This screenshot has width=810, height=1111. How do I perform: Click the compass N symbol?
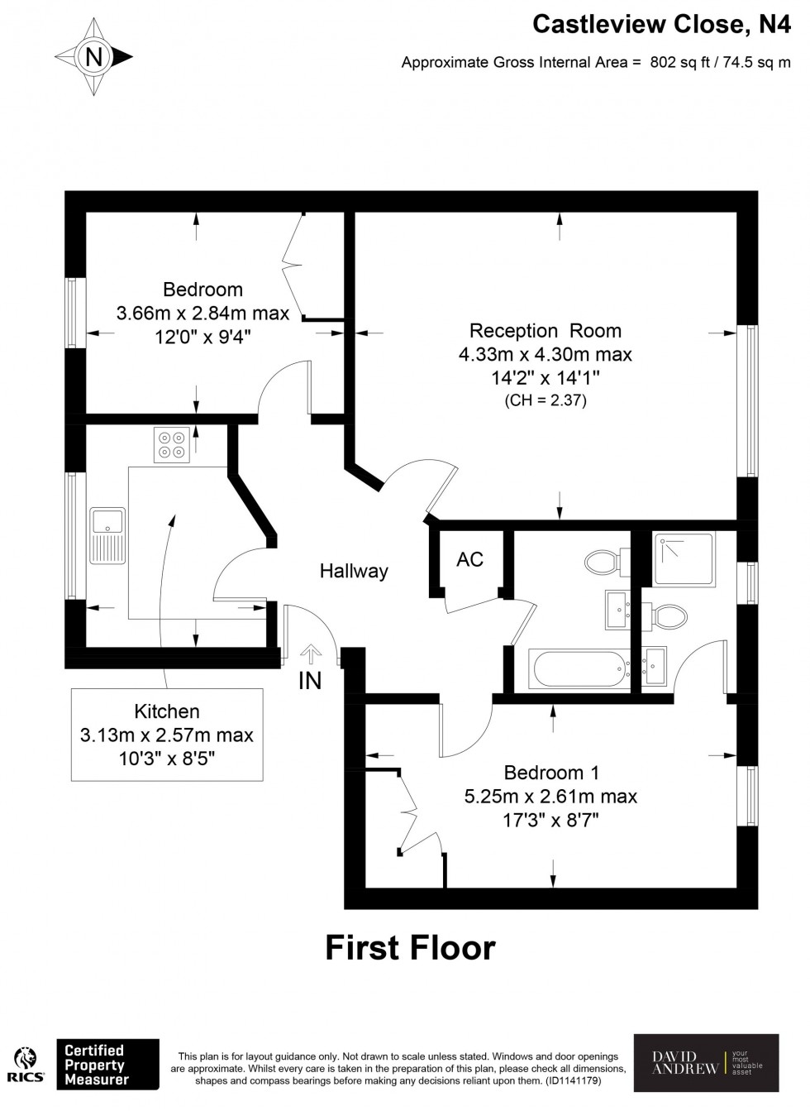tap(94, 57)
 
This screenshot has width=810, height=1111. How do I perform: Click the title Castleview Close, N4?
tap(660, 25)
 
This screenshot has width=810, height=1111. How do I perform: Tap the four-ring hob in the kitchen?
tap(172, 444)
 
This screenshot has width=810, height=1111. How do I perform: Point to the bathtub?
tap(579, 669)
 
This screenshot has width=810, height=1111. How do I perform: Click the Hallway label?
tap(354, 571)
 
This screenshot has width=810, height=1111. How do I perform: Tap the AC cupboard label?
tap(469, 559)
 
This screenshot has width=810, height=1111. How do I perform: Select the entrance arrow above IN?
tap(311, 654)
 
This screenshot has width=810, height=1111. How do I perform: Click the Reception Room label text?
tap(545, 331)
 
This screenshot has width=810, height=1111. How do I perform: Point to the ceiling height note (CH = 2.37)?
tap(545, 401)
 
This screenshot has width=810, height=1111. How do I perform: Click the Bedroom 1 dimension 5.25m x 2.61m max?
tap(550, 797)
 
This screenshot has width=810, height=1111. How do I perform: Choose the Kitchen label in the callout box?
tap(167, 711)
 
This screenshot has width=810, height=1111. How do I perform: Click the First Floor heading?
tap(410, 947)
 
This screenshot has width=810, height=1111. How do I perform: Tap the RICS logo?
tap(26, 1065)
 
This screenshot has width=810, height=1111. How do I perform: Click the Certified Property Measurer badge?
tap(107, 1064)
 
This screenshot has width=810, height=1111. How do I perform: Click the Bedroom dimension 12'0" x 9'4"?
tap(202, 337)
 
